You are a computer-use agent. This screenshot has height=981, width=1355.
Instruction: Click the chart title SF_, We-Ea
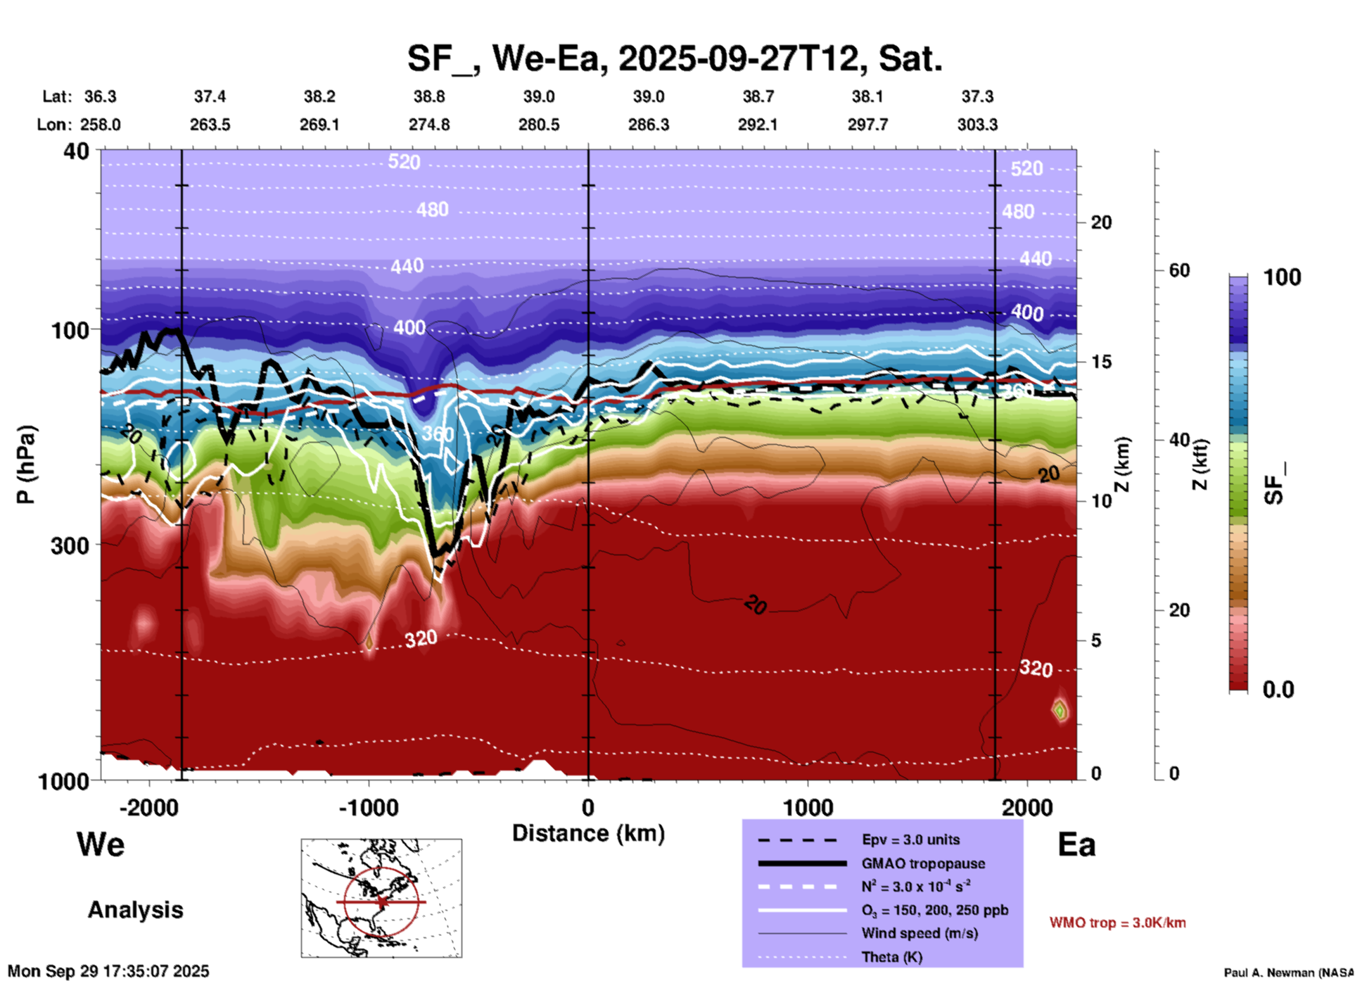click(x=674, y=58)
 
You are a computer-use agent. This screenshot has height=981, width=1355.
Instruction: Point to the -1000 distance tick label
click(x=368, y=808)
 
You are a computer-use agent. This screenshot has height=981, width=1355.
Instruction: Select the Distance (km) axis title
click(x=588, y=833)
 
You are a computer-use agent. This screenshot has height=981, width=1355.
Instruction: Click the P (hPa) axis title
click(x=26, y=464)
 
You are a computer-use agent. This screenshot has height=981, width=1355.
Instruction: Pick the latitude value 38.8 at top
click(x=429, y=96)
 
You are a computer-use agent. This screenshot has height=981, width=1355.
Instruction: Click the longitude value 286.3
click(x=648, y=125)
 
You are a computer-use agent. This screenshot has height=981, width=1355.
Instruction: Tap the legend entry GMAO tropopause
click(x=923, y=863)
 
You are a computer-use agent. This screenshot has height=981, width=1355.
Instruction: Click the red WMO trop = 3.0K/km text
click(x=1117, y=923)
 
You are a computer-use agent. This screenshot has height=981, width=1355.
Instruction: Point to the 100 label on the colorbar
click(x=1282, y=277)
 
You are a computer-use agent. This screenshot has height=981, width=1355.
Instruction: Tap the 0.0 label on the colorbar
click(x=1278, y=690)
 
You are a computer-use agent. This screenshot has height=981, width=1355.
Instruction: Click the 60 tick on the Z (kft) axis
click(x=1179, y=270)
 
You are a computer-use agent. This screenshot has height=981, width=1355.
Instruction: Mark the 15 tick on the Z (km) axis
click(x=1101, y=362)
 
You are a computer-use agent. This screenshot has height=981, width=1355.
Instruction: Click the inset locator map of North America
click(x=381, y=898)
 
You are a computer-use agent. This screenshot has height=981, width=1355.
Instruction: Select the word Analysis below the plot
click(x=135, y=910)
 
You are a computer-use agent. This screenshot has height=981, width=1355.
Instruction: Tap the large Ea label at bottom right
click(x=1076, y=844)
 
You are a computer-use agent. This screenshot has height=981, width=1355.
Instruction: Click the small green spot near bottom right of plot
click(x=1060, y=710)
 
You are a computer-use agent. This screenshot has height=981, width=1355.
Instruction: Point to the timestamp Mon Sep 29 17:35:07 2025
click(x=108, y=971)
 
